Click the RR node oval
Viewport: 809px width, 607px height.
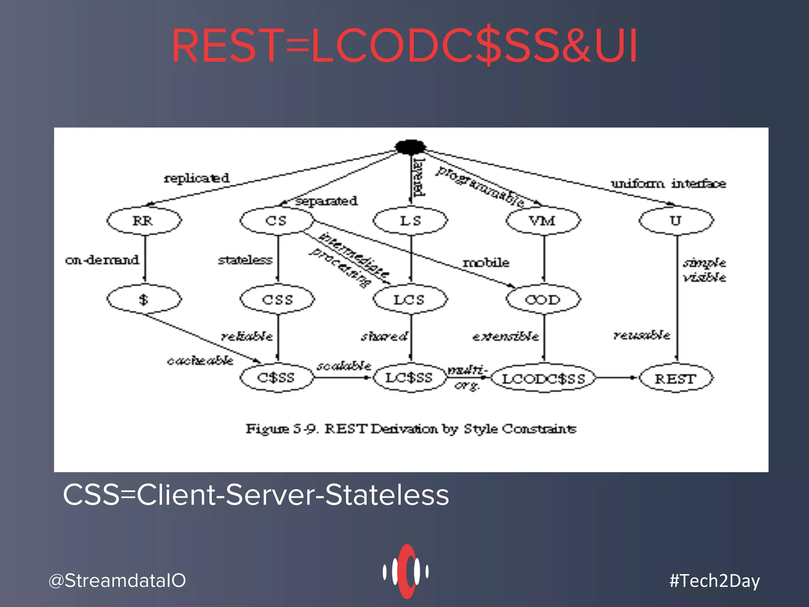pyautogui.click(x=144, y=221)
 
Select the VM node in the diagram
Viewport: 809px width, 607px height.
pyautogui.click(x=543, y=221)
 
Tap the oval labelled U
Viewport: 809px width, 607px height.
pyautogui.click(x=676, y=221)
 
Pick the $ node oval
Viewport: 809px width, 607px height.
pyautogui.click(x=144, y=300)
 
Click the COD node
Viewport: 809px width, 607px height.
pyautogui.click(x=543, y=300)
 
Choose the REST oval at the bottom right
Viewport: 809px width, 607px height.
pyautogui.click(x=676, y=379)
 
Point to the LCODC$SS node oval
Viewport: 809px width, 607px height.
pyautogui.click(x=543, y=379)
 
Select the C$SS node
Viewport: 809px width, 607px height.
pyautogui.click(x=277, y=378)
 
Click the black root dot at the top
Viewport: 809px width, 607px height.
pyautogui.click(x=410, y=147)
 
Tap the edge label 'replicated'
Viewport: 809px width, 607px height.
pyautogui.click(x=197, y=178)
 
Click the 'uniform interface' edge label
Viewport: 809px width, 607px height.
pyautogui.click(x=668, y=184)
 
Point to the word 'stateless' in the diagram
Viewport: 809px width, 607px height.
pyautogui.click(x=245, y=260)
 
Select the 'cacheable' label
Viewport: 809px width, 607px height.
pyautogui.click(x=200, y=360)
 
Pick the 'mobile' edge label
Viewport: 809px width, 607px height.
pyautogui.click(x=486, y=263)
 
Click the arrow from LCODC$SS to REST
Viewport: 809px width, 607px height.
pyautogui.click(x=616, y=378)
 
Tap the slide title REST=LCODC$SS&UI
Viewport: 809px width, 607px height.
pyautogui.click(x=404, y=46)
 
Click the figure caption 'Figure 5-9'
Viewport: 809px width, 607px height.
pyautogui.click(x=411, y=429)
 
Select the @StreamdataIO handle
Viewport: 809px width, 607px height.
pyautogui.click(x=117, y=581)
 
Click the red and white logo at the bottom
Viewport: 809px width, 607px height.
pyautogui.click(x=406, y=571)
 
